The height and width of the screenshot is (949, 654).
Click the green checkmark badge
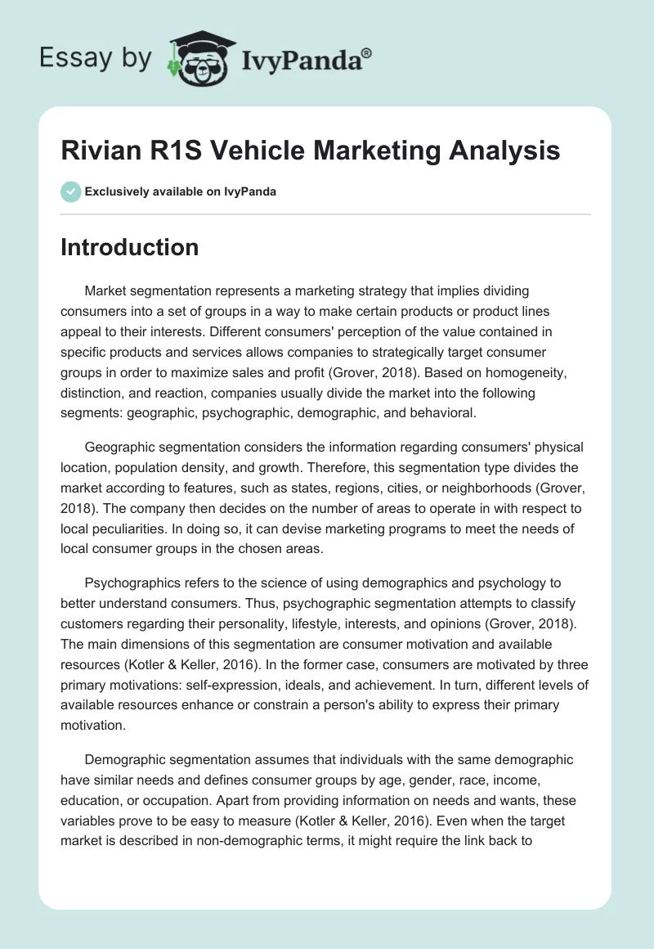click(x=71, y=191)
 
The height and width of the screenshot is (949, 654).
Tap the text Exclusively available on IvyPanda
click(x=181, y=192)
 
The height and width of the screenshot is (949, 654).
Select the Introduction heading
click(x=129, y=247)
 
